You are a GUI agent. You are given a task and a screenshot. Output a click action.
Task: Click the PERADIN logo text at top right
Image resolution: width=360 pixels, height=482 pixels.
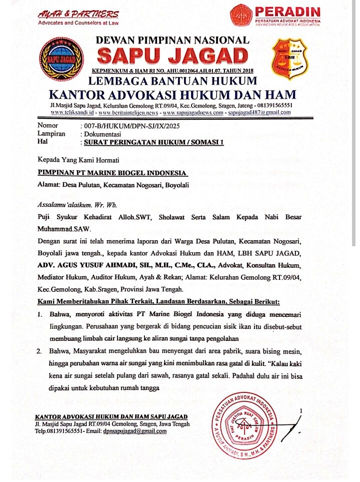287,12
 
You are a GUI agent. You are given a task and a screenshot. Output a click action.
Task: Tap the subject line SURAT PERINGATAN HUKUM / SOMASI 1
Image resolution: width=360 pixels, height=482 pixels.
153,142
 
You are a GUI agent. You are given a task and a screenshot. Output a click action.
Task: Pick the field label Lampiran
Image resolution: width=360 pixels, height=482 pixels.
51,134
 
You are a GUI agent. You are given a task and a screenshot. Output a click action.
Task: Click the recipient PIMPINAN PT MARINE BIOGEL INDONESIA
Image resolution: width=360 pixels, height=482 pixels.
111,173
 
